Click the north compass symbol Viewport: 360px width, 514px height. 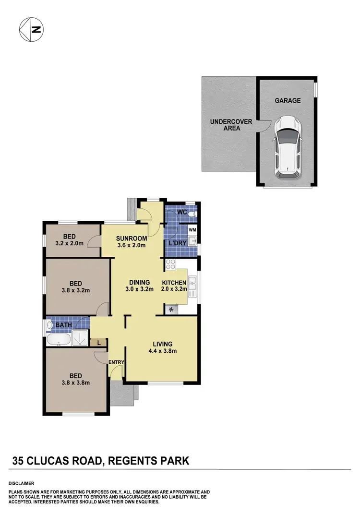click(x=31, y=29)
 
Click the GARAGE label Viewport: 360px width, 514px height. click(x=288, y=101)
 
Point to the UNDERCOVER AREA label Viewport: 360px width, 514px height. click(x=231, y=125)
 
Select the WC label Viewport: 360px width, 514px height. click(x=182, y=212)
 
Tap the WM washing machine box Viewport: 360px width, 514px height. click(x=192, y=230)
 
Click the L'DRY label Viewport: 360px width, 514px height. click(x=176, y=243)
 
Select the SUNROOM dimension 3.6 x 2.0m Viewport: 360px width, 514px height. click(x=131, y=245)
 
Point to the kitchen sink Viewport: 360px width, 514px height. click(x=192, y=287)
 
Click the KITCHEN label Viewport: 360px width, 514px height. click(x=174, y=282)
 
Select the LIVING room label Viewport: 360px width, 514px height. click(x=162, y=344)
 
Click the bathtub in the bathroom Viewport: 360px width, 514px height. click(x=58, y=340)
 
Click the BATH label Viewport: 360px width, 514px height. click(x=64, y=325)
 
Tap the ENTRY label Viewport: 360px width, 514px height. click(x=117, y=362)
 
